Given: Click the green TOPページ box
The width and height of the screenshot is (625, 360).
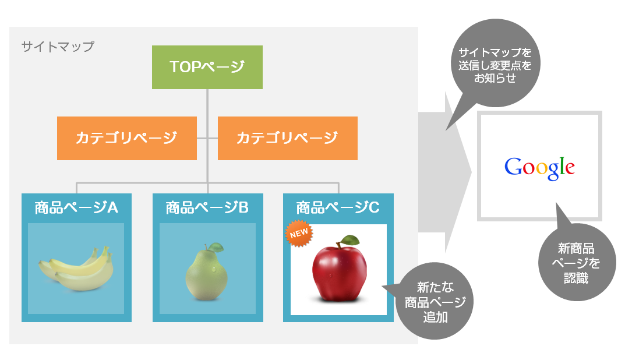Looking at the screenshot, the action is pos(207,67).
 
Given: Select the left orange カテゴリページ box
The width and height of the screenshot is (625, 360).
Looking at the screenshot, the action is pos(127,138).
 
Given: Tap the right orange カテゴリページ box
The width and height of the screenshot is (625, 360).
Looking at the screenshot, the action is pos(287,138).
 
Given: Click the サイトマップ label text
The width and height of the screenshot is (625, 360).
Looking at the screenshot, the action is pos(58,47).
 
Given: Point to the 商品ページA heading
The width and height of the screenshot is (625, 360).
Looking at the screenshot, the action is pos(76,208).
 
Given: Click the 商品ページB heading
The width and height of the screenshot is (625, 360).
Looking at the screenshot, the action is pos(207,208).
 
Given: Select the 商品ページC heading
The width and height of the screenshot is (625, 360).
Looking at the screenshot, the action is pos(338,208).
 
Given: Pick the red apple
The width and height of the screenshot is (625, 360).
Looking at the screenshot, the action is pos(339,269).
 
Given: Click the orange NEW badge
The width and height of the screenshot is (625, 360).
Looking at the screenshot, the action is pos(299,233).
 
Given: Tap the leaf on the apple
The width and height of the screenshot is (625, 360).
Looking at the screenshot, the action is pos(350,240).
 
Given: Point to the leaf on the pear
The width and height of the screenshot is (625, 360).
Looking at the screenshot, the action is pos(217,247).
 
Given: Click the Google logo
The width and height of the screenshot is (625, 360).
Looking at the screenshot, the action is pos(540,168).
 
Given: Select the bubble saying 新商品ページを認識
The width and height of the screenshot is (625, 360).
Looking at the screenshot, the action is pos(577,261).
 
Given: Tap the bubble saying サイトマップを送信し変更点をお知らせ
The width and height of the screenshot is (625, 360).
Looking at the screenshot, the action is pos(496,64).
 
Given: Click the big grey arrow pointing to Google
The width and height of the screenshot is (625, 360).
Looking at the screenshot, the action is pos(444,172).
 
